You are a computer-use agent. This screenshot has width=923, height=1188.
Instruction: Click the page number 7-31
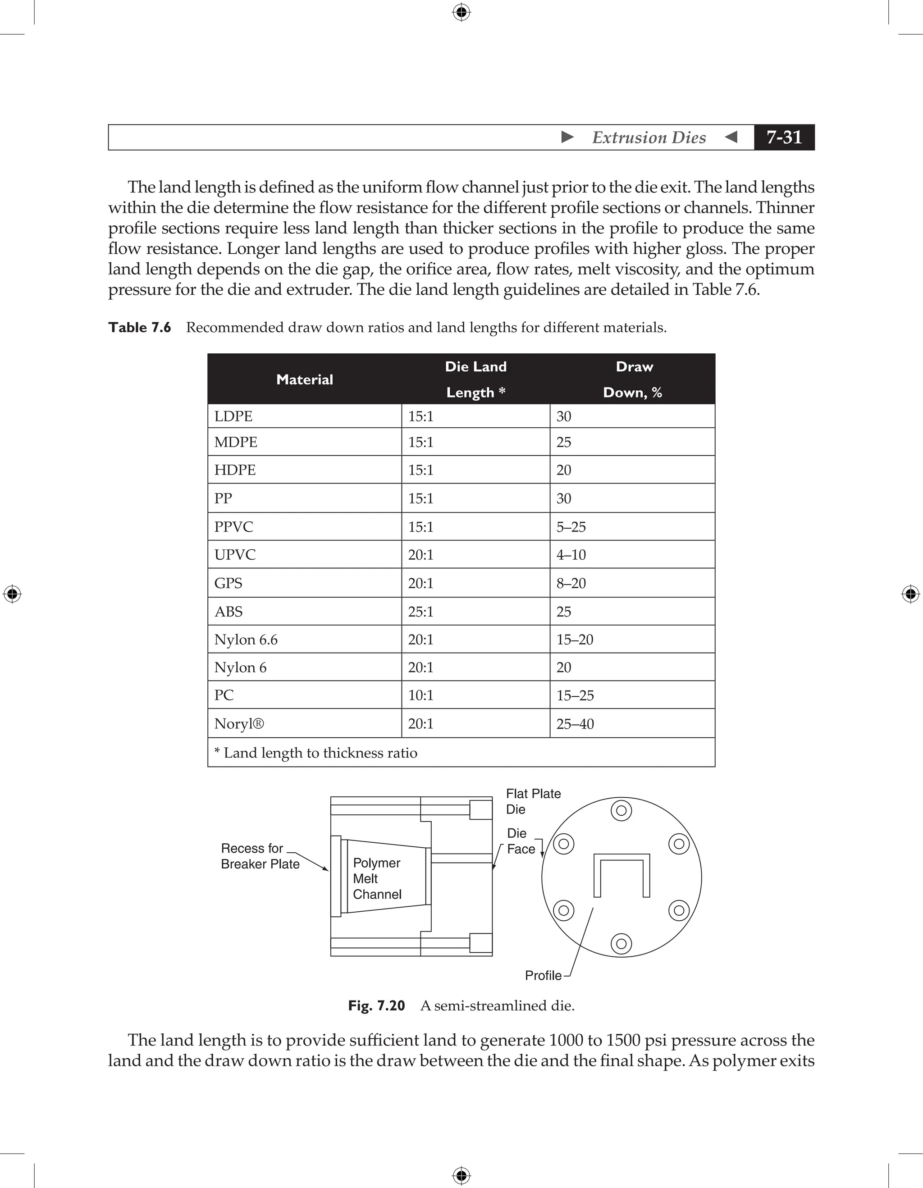click(x=784, y=137)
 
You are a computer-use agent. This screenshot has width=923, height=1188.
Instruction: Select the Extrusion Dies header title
click(x=649, y=137)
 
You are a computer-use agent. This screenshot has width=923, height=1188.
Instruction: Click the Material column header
click(x=304, y=379)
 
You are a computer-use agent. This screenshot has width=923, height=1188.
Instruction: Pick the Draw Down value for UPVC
click(x=571, y=555)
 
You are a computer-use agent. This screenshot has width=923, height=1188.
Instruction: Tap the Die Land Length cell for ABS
click(x=420, y=612)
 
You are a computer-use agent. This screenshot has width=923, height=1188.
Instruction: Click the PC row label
click(x=224, y=695)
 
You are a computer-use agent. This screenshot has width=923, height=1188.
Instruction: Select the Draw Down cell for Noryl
click(x=575, y=724)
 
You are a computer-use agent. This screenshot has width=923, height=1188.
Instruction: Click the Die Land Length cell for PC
click(x=420, y=695)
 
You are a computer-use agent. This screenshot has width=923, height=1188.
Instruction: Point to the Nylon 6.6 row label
click(x=246, y=640)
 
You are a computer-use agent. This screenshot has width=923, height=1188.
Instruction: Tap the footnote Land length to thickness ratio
click(x=315, y=753)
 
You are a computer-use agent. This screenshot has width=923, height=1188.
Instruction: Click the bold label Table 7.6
click(x=140, y=328)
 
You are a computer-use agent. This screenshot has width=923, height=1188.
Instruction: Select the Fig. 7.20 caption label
click(x=376, y=1005)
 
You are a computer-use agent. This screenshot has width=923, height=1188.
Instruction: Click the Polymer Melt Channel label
click(x=377, y=878)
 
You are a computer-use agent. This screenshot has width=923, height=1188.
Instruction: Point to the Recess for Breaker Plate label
click(x=260, y=856)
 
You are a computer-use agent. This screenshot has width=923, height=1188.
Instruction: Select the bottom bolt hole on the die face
click(x=621, y=944)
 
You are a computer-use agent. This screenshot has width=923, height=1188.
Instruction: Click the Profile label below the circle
click(x=543, y=975)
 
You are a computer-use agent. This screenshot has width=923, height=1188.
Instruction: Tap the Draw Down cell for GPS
click(x=571, y=583)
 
